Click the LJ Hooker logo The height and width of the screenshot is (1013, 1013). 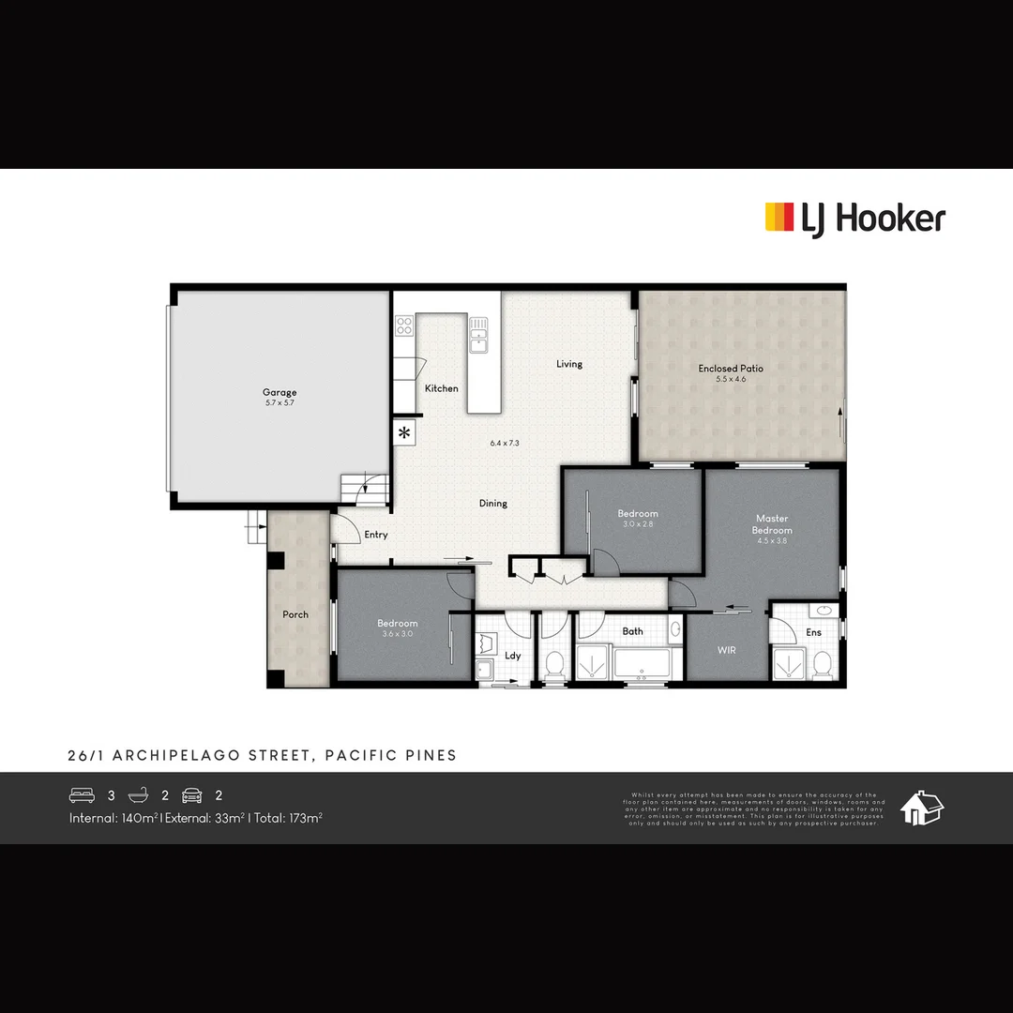(854, 219)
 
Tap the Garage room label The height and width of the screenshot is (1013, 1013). (280, 392)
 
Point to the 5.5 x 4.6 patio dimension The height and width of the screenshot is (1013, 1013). (731, 380)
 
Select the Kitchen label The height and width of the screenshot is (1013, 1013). (442, 388)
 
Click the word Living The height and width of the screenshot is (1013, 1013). (569, 364)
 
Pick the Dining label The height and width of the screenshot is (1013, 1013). (493, 504)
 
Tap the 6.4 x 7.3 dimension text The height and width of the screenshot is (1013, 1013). (505, 443)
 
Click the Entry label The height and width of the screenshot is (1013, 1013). (376, 535)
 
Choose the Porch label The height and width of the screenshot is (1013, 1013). (295, 614)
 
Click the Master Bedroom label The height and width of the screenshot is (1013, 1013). (772, 524)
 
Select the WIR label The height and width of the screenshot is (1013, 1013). (727, 649)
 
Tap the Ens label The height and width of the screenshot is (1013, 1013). (813, 633)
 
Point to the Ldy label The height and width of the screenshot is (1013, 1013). (513, 656)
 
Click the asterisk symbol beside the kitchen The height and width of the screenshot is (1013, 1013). (404, 432)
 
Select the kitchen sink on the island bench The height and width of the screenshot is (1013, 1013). (478, 333)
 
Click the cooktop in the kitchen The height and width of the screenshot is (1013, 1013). (404, 325)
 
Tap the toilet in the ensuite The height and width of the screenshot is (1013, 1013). (822, 663)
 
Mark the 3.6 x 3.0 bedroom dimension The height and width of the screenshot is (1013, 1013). (398, 634)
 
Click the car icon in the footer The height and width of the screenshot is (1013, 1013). (192, 795)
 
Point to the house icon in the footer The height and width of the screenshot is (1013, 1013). (922, 808)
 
